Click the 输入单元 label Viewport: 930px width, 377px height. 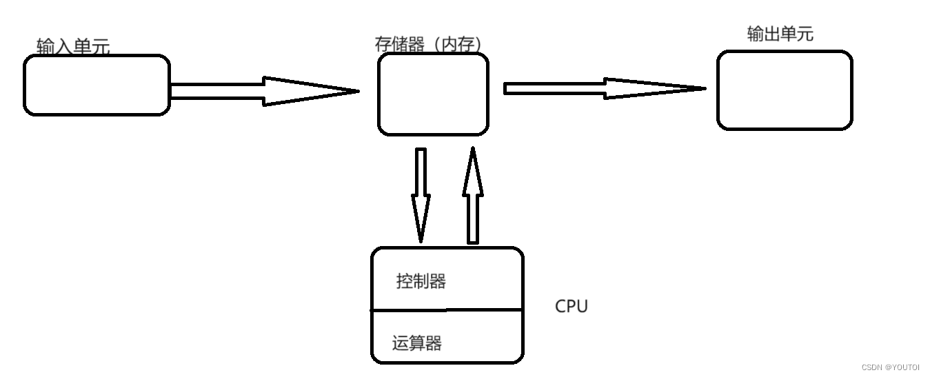pyautogui.click(x=73, y=46)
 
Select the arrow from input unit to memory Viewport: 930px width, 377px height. pyautogui.click(x=265, y=92)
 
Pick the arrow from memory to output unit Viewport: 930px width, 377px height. pyautogui.click(x=605, y=88)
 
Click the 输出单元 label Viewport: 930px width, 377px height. pyautogui.click(x=780, y=34)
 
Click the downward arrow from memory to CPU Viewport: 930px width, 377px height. pyautogui.click(x=421, y=195)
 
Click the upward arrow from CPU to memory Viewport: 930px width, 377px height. pyautogui.click(x=473, y=195)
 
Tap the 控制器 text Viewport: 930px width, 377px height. pyautogui.click(x=421, y=281)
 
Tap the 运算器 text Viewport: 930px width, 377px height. pyautogui.click(x=417, y=343)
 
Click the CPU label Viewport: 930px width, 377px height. pyautogui.click(x=572, y=307)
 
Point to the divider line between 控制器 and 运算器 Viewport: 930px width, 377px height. pyautogui.click(x=447, y=309)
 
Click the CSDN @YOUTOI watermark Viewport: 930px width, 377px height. pyautogui.click(x=891, y=367)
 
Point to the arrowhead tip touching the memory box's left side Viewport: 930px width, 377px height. pyautogui.click(x=359, y=92)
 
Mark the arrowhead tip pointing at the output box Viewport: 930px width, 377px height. pyautogui.click(x=706, y=88)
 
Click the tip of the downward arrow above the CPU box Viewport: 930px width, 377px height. pyautogui.click(x=421, y=243)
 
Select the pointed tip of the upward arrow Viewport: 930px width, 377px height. pyautogui.click(x=473, y=147)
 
